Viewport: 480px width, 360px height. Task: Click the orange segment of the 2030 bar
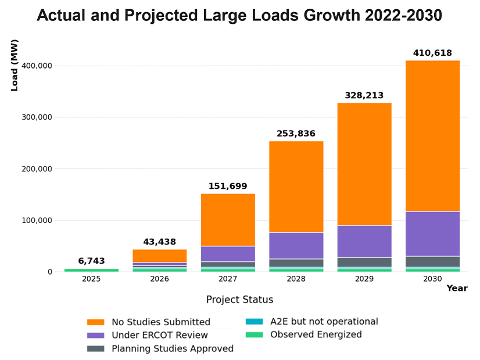(432, 136)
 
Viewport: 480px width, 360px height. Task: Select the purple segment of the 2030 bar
(432, 233)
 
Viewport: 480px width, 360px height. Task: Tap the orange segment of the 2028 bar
(296, 186)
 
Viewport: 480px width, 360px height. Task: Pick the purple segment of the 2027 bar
(228, 254)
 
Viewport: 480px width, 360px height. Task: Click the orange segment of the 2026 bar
(160, 255)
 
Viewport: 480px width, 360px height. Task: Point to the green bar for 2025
(91, 270)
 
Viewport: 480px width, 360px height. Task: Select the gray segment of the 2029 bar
(364, 262)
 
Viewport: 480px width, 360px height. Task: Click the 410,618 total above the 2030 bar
(432, 53)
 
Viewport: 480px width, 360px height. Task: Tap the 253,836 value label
(296, 134)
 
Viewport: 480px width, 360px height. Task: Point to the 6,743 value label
(91, 261)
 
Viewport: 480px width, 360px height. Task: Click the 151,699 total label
(228, 186)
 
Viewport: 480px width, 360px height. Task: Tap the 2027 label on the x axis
(228, 280)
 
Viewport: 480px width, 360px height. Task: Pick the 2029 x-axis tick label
(364, 280)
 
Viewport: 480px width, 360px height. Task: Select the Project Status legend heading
(239, 300)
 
